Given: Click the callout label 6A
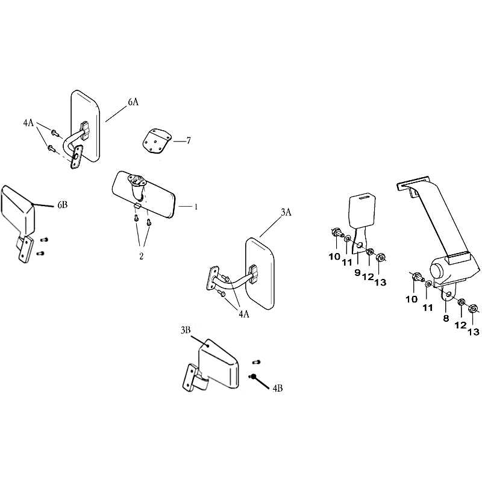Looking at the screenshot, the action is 133,102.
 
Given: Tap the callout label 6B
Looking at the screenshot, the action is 63,205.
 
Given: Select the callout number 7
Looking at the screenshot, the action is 189,141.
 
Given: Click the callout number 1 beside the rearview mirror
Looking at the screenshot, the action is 196,207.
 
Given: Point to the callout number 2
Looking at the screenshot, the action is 142,256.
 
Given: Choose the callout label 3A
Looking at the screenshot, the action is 286,213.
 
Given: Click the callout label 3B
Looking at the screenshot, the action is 186,330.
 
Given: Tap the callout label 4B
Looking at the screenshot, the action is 278,389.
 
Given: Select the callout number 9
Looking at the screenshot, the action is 357,272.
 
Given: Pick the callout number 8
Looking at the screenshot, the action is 446,319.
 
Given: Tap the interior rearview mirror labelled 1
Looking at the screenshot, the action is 144,194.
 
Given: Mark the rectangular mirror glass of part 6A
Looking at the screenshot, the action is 86,126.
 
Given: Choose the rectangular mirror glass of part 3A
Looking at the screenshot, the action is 260,274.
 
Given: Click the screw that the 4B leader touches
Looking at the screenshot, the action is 252,376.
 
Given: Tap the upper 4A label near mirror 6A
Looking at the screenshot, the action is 28,123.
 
